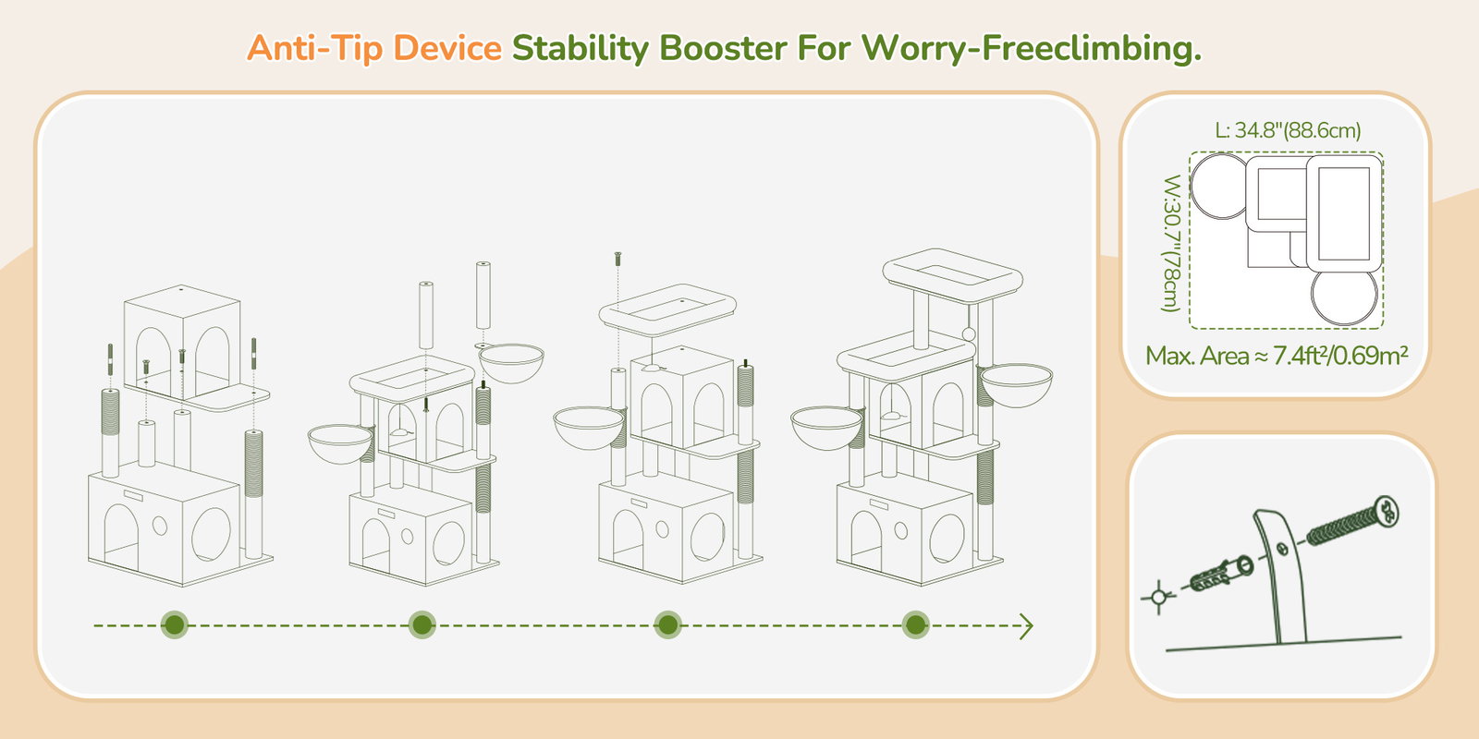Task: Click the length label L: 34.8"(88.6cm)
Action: (x=1288, y=130)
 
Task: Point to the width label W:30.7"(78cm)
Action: (x=1171, y=243)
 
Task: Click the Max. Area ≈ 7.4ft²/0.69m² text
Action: (x=1277, y=356)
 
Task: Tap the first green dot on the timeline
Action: (x=175, y=624)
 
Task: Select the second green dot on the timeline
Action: (x=422, y=624)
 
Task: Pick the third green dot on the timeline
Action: (x=667, y=624)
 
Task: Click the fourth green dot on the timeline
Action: (x=916, y=624)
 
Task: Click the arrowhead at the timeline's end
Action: (x=1027, y=626)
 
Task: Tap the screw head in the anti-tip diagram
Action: (x=1386, y=513)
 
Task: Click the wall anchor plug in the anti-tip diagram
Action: (x=1221, y=575)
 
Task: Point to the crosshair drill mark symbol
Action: (x=1158, y=598)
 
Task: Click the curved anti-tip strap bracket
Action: (x=1281, y=574)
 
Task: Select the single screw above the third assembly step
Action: (x=618, y=259)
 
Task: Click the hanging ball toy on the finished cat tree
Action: (x=969, y=333)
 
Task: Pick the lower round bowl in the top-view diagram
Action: (x=1344, y=297)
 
